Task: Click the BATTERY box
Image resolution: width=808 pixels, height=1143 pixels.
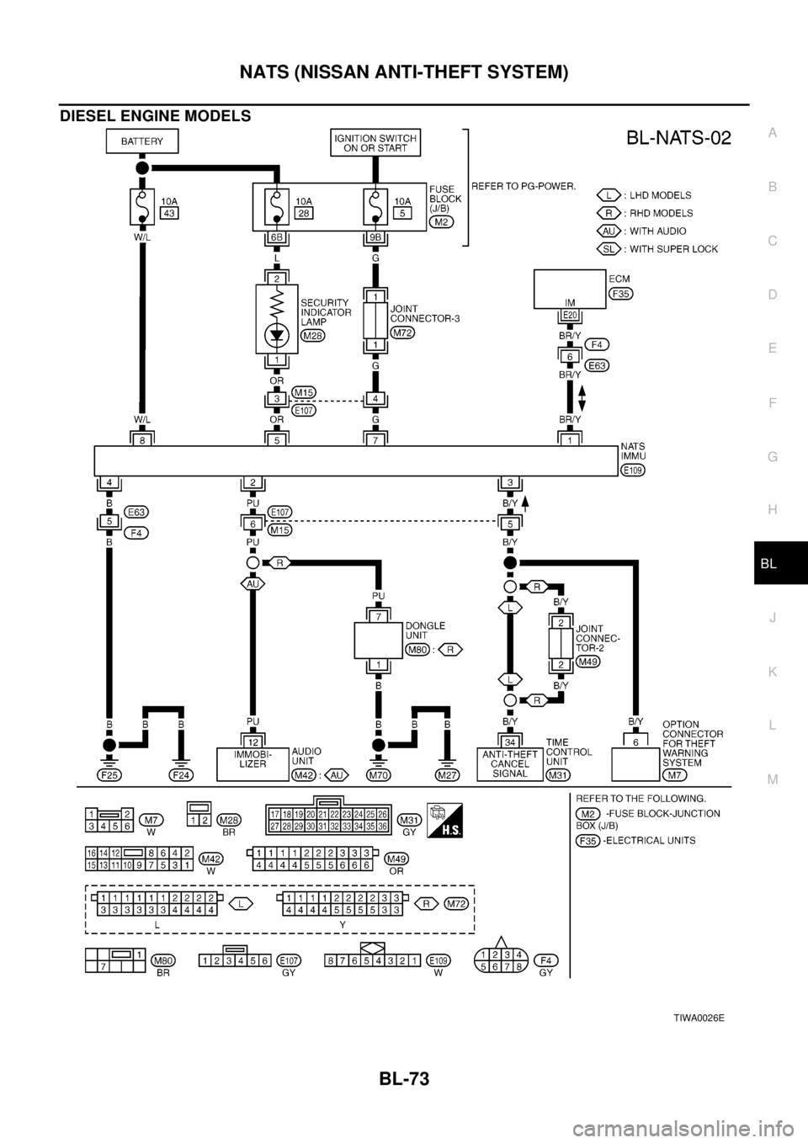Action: [141, 141]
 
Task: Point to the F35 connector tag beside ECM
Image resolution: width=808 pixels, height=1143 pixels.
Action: [622, 294]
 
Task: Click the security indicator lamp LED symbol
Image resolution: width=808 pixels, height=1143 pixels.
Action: [277, 335]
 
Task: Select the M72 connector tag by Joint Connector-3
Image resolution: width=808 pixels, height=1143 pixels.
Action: [403, 333]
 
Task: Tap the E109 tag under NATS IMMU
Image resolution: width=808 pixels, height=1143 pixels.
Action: [631, 470]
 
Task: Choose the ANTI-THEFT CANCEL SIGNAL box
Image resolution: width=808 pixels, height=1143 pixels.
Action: [509, 763]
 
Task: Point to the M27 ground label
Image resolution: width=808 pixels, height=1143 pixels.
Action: [447, 774]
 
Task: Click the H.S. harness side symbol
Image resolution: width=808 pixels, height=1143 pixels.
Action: [444, 815]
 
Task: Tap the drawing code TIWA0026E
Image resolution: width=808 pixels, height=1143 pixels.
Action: [699, 1018]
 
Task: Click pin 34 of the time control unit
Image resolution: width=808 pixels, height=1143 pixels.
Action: [509, 741]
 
